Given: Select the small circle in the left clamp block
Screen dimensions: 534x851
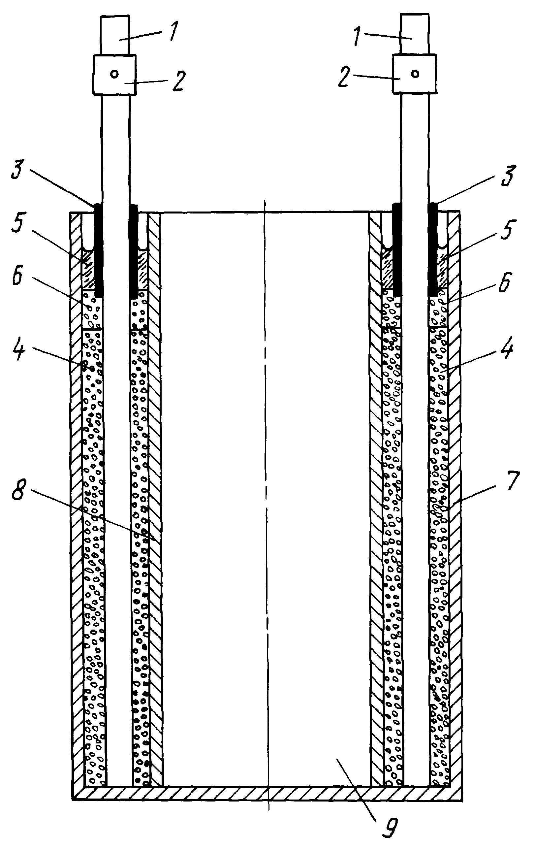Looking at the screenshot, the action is [114, 74].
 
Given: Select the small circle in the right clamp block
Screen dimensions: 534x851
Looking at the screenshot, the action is [416, 74].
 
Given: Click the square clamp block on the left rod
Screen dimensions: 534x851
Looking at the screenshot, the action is [114, 75].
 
